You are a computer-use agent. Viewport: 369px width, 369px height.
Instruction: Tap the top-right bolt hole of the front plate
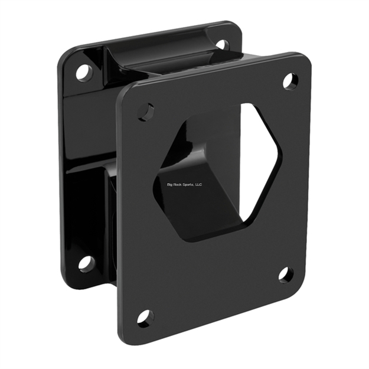290,81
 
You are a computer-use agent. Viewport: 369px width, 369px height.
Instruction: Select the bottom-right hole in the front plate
286,275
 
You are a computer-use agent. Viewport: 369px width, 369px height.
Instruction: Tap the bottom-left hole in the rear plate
86,263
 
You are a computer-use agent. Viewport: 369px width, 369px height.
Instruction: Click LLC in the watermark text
199,184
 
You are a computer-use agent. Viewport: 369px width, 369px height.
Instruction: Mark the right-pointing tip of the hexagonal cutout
281,156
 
